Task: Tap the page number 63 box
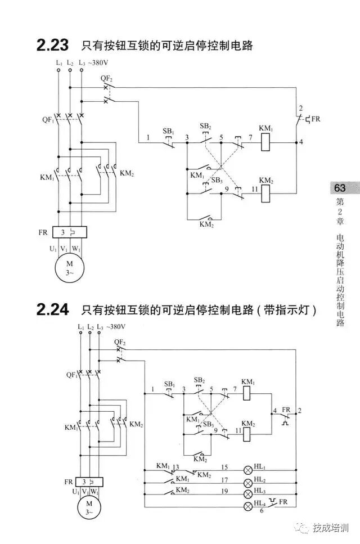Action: pos(340,187)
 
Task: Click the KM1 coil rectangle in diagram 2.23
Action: pos(266,143)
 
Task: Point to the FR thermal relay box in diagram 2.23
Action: pos(70,232)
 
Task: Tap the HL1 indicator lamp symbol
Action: pos(247,469)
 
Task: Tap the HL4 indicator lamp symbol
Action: pos(247,506)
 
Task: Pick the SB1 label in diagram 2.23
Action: pos(168,131)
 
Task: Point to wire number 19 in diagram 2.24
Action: pos(224,491)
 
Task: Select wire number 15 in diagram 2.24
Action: pos(224,467)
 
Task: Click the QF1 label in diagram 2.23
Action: pos(47,119)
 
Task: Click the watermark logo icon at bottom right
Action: pos(304,528)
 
